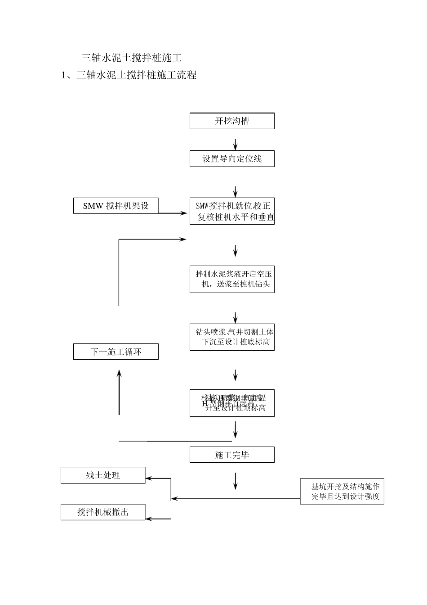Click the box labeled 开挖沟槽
coord(232,121)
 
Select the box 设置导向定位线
coord(232,159)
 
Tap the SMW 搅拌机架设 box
coord(116,206)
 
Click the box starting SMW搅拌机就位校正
coord(232,211)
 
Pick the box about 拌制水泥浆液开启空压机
coord(232,279)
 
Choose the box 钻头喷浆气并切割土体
coord(232,337)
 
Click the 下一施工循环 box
coord(116,352)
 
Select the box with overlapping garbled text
coord(232,403)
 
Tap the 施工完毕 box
coord(232,455)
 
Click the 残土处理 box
coord(103,475)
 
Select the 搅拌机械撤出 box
coord(103,512)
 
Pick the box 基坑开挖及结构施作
coord(342,492)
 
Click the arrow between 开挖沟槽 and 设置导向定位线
coord(235,144)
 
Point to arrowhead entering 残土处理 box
coord(150,479)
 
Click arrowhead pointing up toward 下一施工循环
coord(119,374)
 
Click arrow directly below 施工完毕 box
coord(235,481)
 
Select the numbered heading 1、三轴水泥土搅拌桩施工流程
coord(129,75)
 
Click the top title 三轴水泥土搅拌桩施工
coord(131,58)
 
